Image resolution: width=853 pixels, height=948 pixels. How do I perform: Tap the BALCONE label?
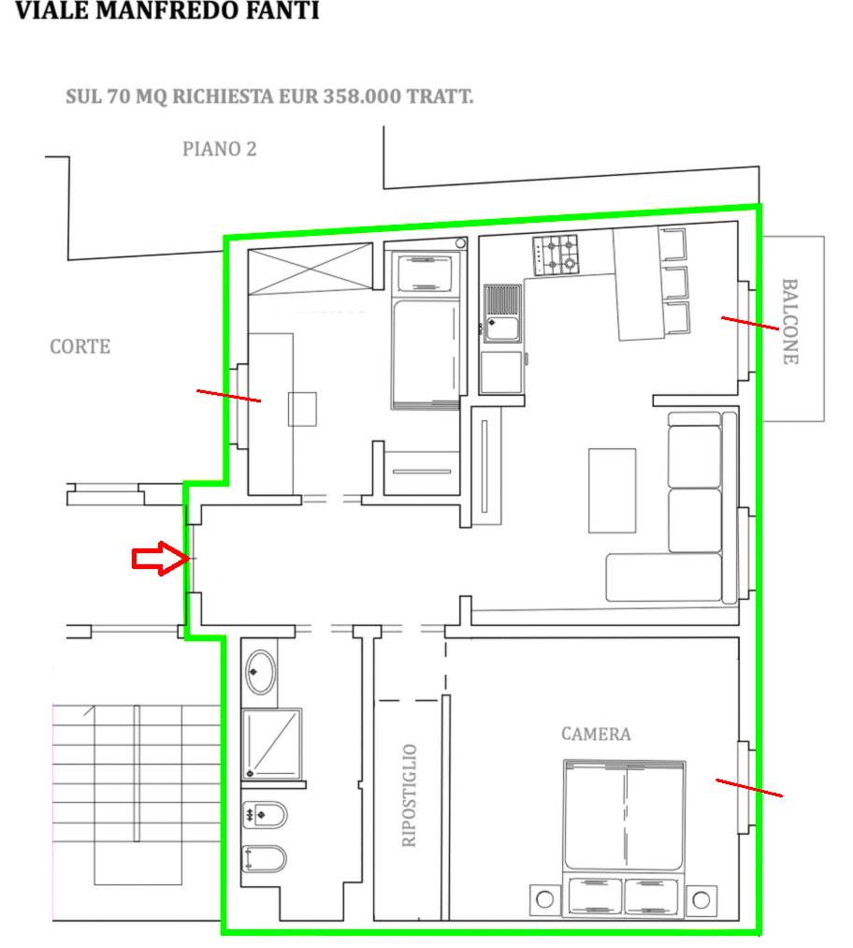tap(790, 322)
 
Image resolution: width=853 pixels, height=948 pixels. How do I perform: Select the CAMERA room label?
tap(596, 734)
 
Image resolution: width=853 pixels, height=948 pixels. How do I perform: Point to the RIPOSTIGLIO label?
tap(409, 795)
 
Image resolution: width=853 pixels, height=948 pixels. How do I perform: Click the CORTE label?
tap(80, 346)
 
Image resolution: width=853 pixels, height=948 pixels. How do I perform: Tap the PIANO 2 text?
tap(219, 149)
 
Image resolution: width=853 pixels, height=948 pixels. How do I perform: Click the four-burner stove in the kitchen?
tap(556, 255)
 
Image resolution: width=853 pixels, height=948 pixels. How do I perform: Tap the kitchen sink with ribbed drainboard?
tap(502, 314)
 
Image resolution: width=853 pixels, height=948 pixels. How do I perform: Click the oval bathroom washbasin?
tap(260, 672)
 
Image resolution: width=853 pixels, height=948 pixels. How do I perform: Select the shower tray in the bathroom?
tap(272, 744)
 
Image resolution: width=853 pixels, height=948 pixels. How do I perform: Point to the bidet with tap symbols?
tap(264, 815)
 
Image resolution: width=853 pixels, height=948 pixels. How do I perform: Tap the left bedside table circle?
tap(544, 899)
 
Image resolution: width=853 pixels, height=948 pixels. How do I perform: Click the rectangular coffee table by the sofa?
tap(612, 490)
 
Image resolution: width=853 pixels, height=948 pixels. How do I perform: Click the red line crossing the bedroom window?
tap(749, 788)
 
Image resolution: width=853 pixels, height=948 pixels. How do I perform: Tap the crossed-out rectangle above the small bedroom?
tap(311, 269)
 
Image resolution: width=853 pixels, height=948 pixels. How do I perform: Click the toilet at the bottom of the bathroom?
tap(264, 859)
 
